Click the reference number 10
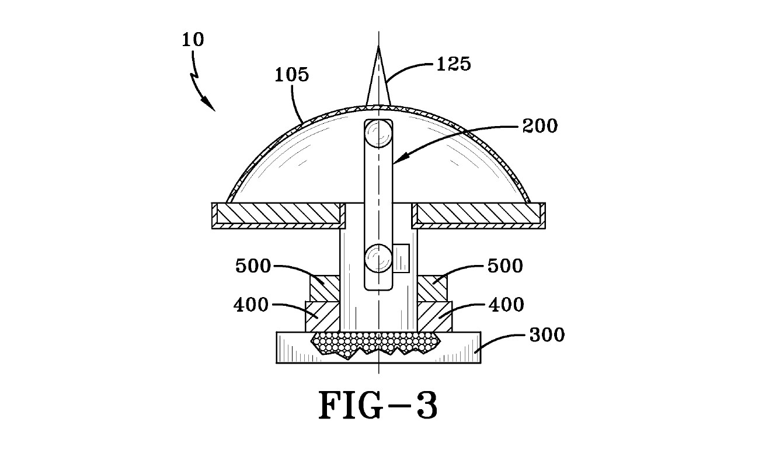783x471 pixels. [193, 40]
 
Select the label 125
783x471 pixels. [454, 64]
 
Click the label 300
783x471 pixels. [547, 335]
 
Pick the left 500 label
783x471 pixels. [253, 266]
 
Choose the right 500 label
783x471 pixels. [506, 266]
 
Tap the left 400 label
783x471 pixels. [251, 304]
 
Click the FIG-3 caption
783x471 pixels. [378, 405]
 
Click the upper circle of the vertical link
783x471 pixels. [378, 134]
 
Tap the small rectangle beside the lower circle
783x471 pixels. [402, 258]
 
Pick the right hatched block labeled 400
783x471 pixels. [433, 317]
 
